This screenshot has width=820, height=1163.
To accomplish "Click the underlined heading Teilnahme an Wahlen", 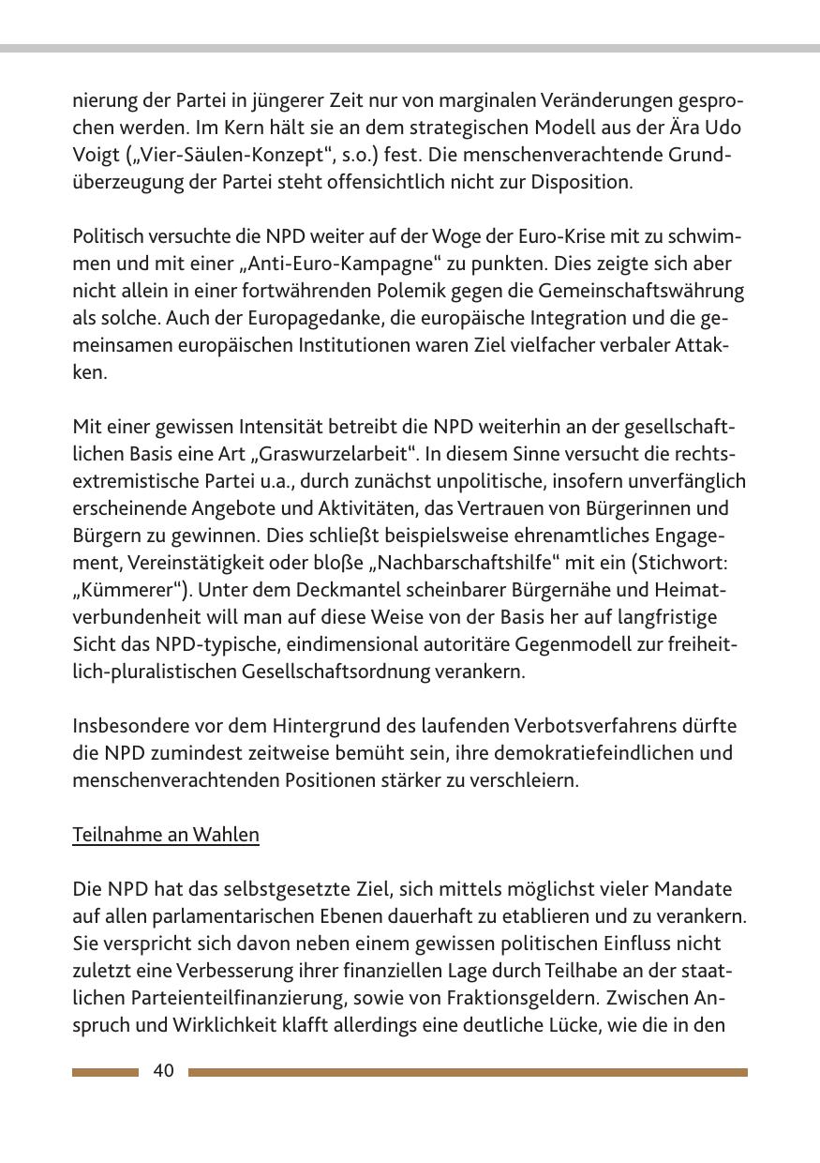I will click(165, 834).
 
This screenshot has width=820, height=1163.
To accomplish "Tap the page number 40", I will click(163, 1071).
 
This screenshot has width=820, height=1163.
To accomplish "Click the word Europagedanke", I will click(259, 317).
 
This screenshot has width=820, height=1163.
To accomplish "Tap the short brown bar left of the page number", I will click(105, 1072).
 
